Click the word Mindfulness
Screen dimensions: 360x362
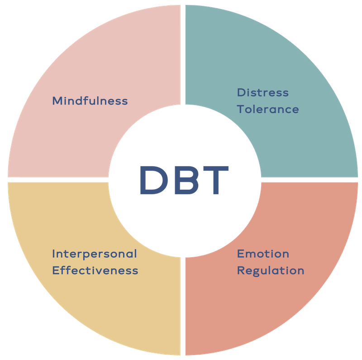click(x=90, y=101)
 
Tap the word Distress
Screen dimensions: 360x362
click(x=262, y=92)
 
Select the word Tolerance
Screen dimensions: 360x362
click(x=268, y=109)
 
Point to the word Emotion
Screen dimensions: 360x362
click(x=263, y=253)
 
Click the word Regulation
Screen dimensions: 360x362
click(x=271, y=271)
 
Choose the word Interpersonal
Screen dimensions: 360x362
click(x=94, y=254)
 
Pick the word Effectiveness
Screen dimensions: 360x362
click(x=95, y=271)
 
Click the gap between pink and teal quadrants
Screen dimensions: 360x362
click(x=183, y=54)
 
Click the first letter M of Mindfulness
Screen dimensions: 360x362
click(x=57, y=101)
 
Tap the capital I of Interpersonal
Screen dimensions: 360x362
click(x=54, y=254)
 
